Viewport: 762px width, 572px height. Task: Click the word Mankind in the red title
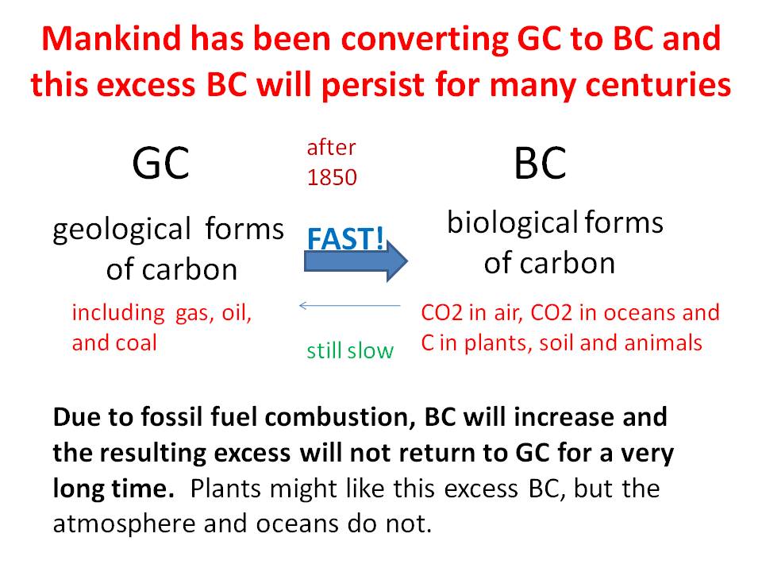(111, 38)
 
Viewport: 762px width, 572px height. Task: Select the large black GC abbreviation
(160, 164)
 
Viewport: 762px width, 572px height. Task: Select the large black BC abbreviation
(540, 164)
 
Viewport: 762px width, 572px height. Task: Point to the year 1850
(332, 177)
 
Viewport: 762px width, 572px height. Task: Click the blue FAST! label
(345, 238)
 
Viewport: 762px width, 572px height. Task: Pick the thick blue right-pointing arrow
(356, 261)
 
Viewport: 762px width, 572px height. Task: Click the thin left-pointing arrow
(349, 305)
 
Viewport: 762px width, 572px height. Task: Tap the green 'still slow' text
(350, 350)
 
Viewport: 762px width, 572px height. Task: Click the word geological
(122, 230)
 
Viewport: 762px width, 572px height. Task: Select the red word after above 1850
(332, 148)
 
